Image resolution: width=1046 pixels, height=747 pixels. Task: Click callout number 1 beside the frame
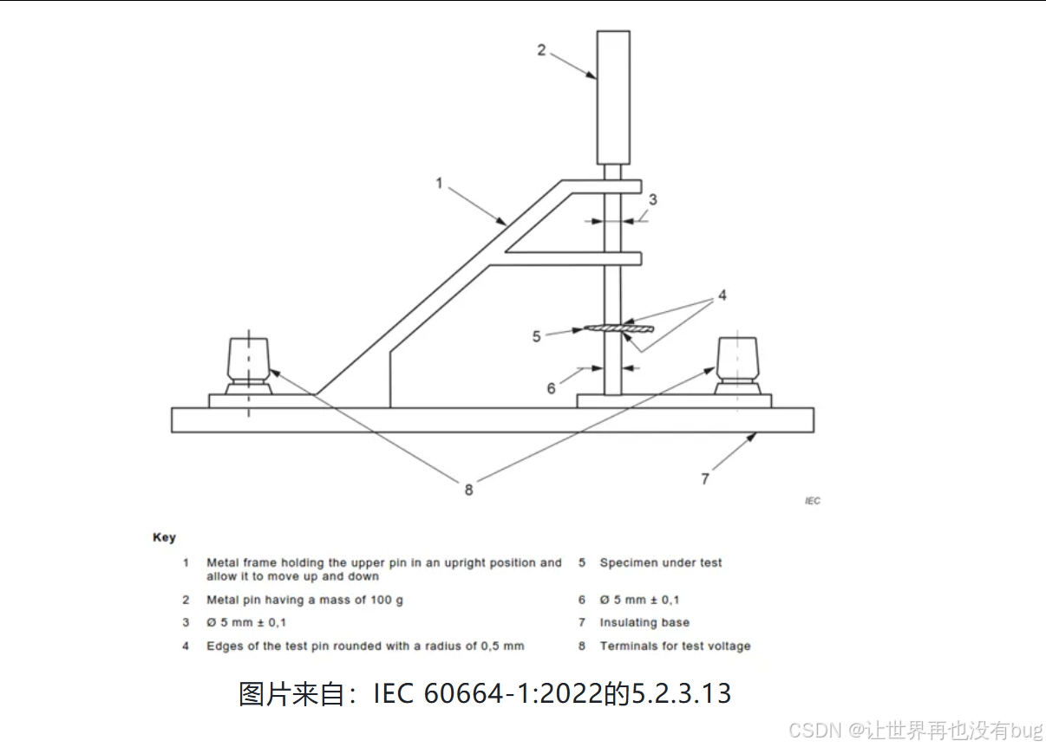tap(440, 183)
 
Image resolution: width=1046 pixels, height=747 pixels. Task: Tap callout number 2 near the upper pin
tap(541, 49)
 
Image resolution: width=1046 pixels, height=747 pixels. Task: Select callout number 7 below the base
tap(705, 477)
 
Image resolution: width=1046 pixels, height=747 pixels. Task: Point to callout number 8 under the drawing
tap(468, 490)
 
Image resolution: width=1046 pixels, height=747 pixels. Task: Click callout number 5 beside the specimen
tap(537, 335)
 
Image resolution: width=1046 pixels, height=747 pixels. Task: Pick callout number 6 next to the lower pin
tap(551, 388)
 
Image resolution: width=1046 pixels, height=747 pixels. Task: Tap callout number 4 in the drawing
tap(722, 296)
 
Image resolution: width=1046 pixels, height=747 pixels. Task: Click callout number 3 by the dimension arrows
tap(653, 199)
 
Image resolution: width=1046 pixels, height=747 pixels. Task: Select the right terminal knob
tap(738, 361)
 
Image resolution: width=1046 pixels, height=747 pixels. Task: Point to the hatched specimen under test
tap(617, 328)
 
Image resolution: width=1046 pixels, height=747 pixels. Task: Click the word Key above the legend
tap(164, 537)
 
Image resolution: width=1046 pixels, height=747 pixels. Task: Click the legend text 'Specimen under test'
tap(660, 562)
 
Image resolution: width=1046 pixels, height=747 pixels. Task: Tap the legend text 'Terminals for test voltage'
tap(675, 646)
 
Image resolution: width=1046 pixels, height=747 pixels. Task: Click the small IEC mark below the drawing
tap(812, 501)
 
